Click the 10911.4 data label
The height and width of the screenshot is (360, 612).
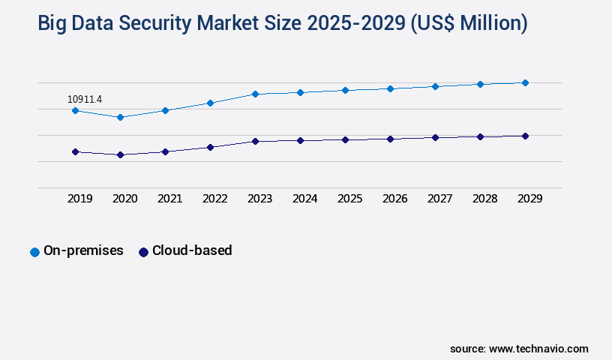[x=85, y=99]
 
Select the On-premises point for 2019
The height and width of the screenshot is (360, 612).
[x=75, y=110]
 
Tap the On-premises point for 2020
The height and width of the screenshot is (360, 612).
[x=120, y=117]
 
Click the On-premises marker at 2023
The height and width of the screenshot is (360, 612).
[x=255, y=94]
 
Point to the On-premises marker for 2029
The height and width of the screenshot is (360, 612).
[x=525, y=82]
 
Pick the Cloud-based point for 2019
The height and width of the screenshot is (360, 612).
[x=75, y=151]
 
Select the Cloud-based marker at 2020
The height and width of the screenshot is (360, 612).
[x=120, y=154]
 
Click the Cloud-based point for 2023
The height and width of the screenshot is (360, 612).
[x=255, y=141]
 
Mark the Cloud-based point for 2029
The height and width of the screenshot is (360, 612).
[x=525, y=136]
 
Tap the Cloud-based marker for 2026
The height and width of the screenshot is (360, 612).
[x=390, y=139]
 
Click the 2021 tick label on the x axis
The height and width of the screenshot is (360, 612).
[x=169, y=199]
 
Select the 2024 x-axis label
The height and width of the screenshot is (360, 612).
[x=304, y=199]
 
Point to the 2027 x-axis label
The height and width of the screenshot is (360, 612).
[x=439, y=199]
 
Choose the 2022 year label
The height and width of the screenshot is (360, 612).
[x=214, y=199]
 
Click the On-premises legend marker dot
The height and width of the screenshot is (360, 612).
[x=34, y=252]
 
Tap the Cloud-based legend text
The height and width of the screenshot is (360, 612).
[x=192, y=250]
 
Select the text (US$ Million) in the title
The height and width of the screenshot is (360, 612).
[x=469, y=24]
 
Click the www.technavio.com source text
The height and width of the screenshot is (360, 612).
[x=538, y=349]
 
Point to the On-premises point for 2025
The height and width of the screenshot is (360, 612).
[x=345, y=90]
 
